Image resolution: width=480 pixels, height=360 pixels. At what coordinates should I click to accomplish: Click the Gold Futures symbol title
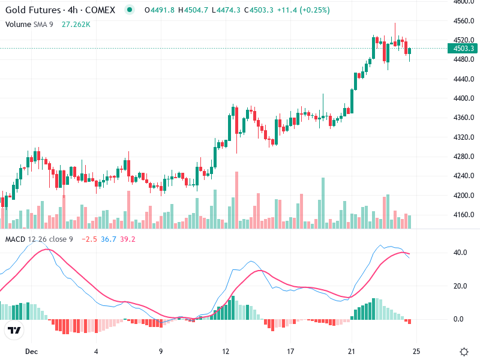[60, 10]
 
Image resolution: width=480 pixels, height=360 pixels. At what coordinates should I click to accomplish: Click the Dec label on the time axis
[31, 351]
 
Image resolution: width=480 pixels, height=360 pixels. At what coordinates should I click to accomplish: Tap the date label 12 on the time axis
[226, 351]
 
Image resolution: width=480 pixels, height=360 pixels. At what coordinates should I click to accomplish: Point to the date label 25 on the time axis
[416, 351]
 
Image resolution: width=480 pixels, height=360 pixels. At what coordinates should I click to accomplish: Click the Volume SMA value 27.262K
[76, 24]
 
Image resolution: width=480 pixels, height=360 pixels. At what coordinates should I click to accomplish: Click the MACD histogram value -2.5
[90, 239]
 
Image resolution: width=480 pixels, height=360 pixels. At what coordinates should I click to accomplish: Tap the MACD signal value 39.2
[127, 239]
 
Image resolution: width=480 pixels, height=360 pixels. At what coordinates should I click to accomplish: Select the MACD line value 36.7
[109, 239]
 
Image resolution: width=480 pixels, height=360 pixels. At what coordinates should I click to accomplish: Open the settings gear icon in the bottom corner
[464, 351]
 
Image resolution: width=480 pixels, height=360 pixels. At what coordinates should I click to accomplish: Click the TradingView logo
[14, 330]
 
